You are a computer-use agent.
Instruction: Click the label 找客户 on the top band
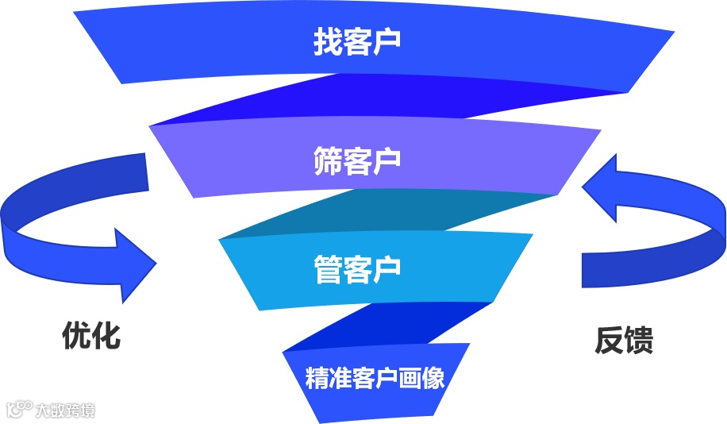(356, 43)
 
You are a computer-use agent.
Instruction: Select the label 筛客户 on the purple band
(356, 161)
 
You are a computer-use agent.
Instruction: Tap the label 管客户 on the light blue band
(356, 269)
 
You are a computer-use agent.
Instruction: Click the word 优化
(91, 336)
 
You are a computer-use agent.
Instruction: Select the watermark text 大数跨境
(65, 411)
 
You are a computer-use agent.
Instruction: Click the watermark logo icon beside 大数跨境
(19, 409)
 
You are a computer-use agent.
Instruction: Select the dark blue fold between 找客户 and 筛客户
(381, 98)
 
